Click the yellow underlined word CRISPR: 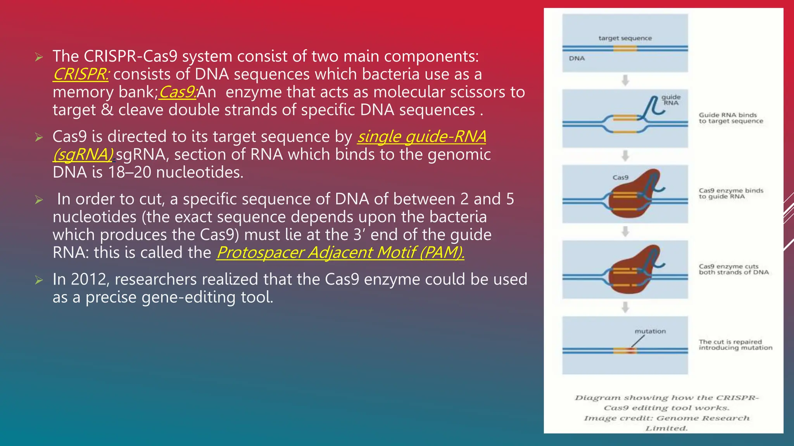pos(81,74)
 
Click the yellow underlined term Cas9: pos(178,92)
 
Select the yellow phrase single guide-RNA pos(422,137)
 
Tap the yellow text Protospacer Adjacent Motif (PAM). pos(340,253)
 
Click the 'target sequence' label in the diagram pos(625,38)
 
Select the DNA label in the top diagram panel pos(577,58)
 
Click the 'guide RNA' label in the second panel pos(671,100)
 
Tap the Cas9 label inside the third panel pos(620,178)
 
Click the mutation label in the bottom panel pos(650,331)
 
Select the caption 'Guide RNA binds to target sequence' pos(730,118)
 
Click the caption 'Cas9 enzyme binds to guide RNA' pos(730,194)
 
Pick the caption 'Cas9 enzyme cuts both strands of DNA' pos(733,269)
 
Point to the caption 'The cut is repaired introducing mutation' pos(735,345)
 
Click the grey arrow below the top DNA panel pos(625,81)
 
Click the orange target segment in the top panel pos(625,48)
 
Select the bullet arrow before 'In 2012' pos(39,280)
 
